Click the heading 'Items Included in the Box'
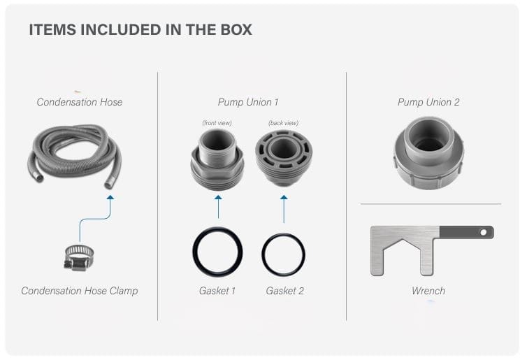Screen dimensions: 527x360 140,29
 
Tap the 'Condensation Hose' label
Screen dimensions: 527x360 79,102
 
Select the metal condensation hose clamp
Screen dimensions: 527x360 79,258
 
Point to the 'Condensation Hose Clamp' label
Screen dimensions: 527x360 79,290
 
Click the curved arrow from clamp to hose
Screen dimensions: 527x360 95,219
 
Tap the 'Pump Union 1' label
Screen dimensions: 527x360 248,102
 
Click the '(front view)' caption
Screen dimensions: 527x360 217,123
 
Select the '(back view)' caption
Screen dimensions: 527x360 283,123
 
